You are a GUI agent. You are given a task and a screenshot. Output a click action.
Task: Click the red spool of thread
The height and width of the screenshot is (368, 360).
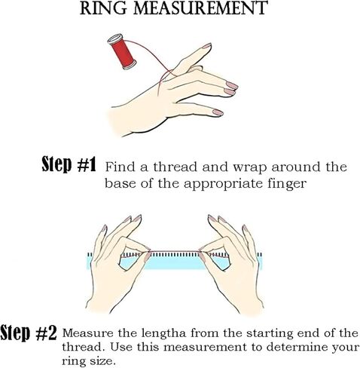(x=122, y=52)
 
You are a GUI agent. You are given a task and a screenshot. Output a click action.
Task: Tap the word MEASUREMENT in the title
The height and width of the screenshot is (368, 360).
(x=200, y=8)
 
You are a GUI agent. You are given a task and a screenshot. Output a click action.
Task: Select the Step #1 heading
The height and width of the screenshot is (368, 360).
(x=69, y=164)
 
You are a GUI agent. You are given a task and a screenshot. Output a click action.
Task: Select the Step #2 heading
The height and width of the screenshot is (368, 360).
(x=28, y=333)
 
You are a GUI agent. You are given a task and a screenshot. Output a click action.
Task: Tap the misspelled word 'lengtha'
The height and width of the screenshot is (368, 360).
(x=164, y=334)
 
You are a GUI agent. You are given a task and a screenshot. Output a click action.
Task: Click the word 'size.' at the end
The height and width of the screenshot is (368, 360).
(x=102, y=361)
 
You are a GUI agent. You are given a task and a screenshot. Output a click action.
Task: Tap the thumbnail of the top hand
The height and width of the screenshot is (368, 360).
(x=218, y=112)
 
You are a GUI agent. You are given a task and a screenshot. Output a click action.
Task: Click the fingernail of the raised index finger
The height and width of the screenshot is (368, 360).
(x=207, y=46)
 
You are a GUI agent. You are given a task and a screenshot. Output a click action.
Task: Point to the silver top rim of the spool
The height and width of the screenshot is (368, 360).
(x=115, y=39)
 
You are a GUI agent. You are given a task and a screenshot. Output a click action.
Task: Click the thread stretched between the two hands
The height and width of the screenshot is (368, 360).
(x=175, y=251)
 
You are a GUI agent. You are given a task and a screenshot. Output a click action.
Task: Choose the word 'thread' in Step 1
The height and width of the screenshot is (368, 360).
(x=175, y=167)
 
